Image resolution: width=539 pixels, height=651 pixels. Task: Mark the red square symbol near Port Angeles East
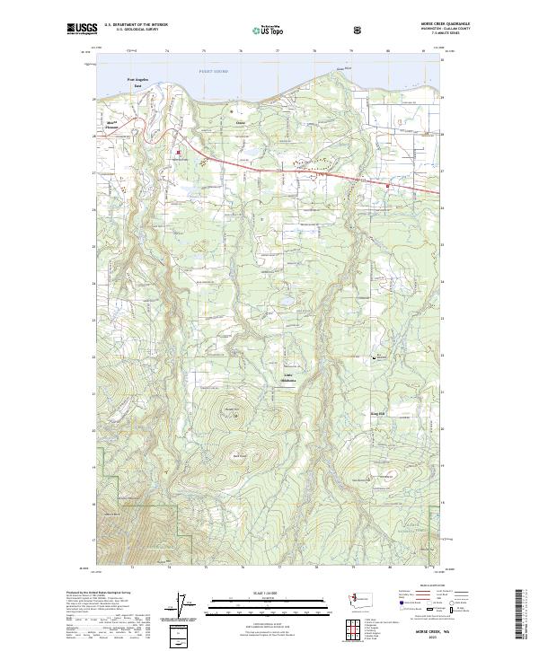point(179,153)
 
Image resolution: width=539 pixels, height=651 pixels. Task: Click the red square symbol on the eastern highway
point(387,186)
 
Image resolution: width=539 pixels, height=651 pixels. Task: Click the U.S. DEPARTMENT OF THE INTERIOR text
point(136,24)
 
